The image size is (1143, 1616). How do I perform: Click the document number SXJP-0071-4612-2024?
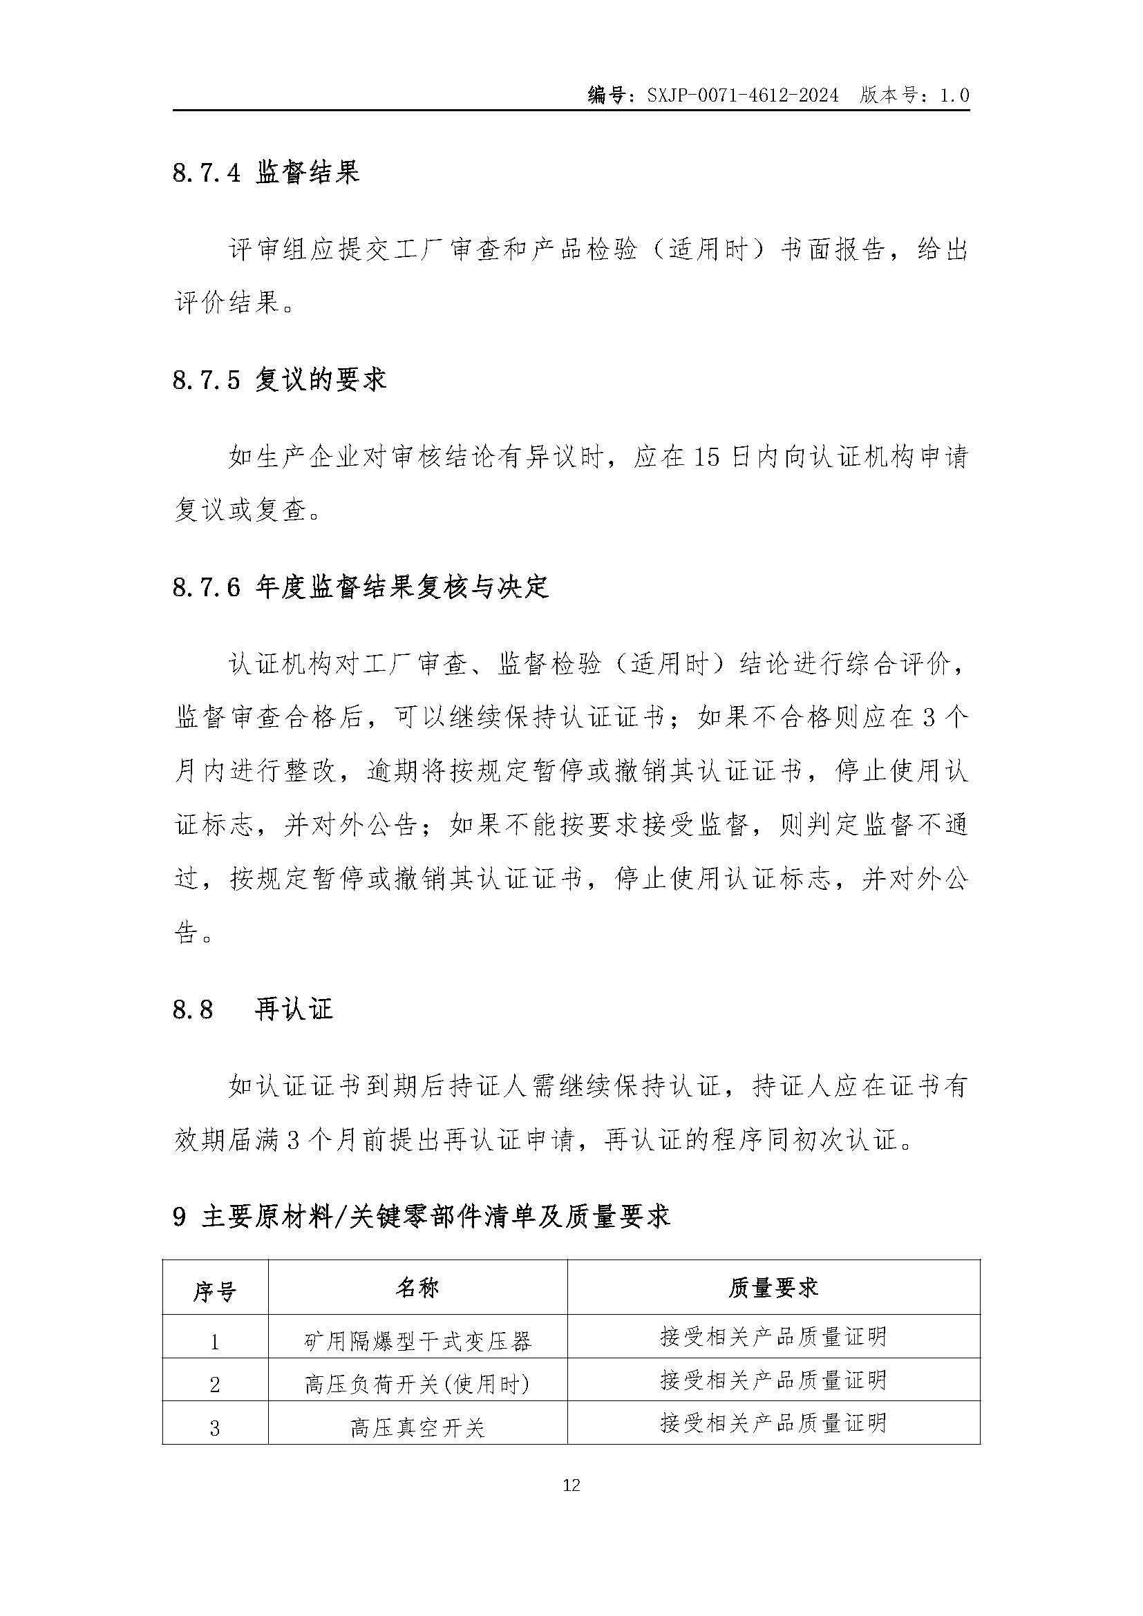pyautogui.click(x=742, y=95)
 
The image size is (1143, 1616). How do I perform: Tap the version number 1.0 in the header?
pyautogui.click(x=954, y=95)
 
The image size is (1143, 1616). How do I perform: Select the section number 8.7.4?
pyautogui.click(x=206, y=173)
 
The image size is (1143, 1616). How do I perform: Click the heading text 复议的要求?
pyautogui.click(x=320, y=380)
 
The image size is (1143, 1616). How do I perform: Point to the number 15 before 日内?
pyautogui.click(x=706, y=457)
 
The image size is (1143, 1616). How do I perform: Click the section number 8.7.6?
pyautogui.click(x=206, y=587)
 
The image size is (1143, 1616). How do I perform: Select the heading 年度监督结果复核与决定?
pyautogui.click(x=402, y=587)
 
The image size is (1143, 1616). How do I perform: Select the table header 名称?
pyautogui.click(x=417, y=1289)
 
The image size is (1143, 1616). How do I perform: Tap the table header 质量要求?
pyautogui.click(x=773, y=1289)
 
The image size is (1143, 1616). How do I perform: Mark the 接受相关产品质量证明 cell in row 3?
pyautogui.click(x=773, y=1424)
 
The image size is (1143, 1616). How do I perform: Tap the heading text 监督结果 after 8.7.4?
pyautogui.click(x=308, y=173)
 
